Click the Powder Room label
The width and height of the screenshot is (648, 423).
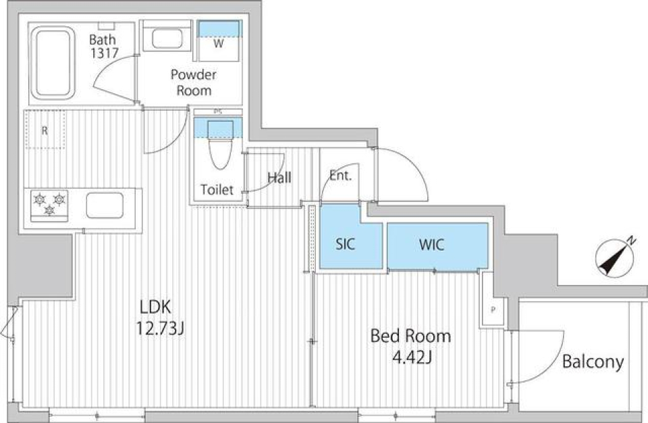pos(194,82)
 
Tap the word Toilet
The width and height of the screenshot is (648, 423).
pos(217,191)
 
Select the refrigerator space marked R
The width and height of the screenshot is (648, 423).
pos(45,130)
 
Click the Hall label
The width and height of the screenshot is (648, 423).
pos(279,178)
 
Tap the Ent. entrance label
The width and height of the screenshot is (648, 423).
pos(340,178)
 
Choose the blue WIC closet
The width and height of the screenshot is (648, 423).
pos(431,245)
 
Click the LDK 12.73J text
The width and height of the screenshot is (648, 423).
pos(161,318)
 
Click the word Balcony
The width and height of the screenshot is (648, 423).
pos(593,362)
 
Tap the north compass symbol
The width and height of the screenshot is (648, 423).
pos(616,259)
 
